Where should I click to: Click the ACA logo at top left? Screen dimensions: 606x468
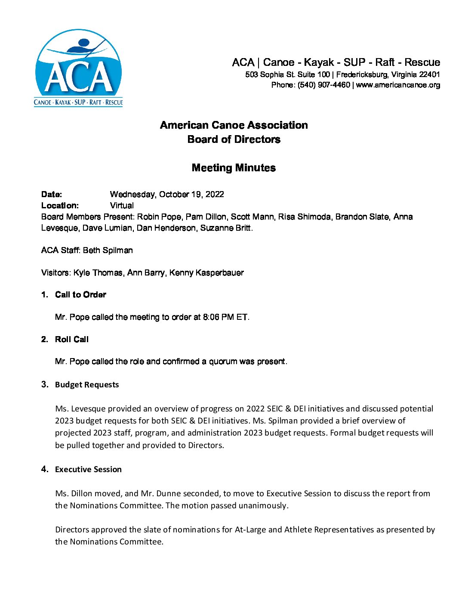[x=78, y=68]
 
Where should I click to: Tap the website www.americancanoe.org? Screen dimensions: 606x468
[x=398, y=85]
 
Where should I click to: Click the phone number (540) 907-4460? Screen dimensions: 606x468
[x=324, y=85]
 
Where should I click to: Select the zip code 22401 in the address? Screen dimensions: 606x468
[x=430, y=74]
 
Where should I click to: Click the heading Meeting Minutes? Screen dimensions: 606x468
[x=234, y=168]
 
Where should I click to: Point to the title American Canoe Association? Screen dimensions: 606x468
[x=234, y=125]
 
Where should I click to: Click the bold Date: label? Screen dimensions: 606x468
[x=52, y=195]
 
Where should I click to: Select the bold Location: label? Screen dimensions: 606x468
[x=60, y=206]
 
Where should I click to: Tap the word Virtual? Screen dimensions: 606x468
[x=122, y=206]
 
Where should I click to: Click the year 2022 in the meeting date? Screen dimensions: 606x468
[x=215, y=195]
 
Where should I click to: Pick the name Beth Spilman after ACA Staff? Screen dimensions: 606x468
[x=108, y=250]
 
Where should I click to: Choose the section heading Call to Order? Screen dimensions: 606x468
[x=80, y=295]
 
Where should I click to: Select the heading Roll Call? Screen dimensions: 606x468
[x=72, y=340]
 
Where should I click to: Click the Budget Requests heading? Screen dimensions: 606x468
[x=87, y=385]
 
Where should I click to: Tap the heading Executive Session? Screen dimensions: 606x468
[x=88, y=470]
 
